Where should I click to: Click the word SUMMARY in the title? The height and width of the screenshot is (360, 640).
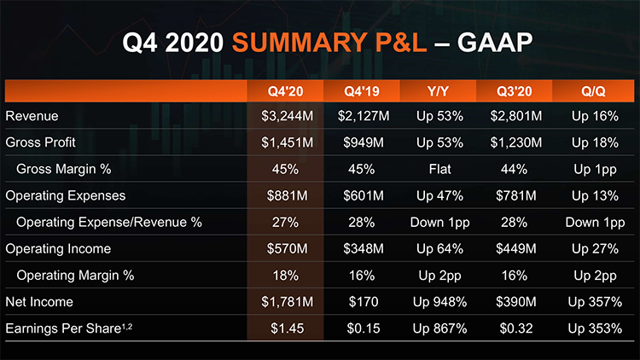tap(300, 42)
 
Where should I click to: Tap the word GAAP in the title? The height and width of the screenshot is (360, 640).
tap(495, 42)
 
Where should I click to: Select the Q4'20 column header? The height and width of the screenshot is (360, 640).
tap(285, 91)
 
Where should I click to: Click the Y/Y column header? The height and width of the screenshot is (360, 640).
tap(438, 91)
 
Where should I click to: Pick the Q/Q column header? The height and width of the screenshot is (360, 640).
tap(593, 91)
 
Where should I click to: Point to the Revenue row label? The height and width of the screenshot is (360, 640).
tap(32, 116)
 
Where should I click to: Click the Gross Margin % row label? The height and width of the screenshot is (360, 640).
tap(64, 169)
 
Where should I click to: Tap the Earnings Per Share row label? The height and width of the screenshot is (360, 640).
tap(69, 328)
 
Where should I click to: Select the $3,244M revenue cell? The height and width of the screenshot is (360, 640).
tap(288, 116)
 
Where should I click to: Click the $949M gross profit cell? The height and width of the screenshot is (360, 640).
tap(364, 142)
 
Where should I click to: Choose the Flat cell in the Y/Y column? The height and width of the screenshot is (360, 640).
tap(440, 169)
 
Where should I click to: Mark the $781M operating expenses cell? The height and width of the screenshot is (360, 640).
tap(516, 195)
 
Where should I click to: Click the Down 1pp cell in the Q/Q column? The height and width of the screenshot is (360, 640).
tap(595, 223)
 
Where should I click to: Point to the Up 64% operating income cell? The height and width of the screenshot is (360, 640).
tap(440, 248)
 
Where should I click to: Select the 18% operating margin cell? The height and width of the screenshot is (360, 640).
tap(286, 276)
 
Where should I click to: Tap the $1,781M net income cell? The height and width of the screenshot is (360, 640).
tap(288, 302)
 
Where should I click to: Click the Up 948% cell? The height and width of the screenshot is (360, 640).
tap(440, 302)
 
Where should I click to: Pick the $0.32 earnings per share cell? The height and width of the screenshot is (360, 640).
tap(516, 328)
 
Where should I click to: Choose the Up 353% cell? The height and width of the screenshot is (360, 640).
tap(595, 328)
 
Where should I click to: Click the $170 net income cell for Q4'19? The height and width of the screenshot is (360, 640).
tap(364, 302)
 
